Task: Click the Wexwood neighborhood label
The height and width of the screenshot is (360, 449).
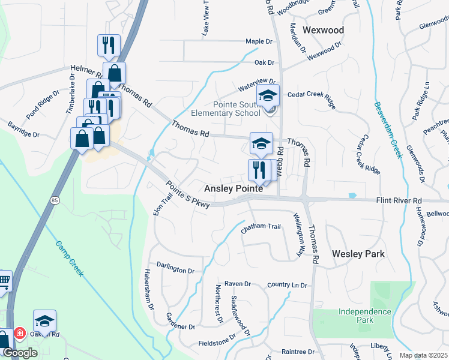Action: click(x=323, y=30)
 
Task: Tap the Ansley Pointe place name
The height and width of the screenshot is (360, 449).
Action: click(x=234, y=188)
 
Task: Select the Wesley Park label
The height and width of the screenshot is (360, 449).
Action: click(x=358, y=254)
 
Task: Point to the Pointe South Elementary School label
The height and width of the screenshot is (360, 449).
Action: click(x=225, y=107)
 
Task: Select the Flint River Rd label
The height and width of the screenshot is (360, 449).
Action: click(x=399, y=200)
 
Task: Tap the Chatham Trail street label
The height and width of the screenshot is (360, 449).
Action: click(x=261, y=227)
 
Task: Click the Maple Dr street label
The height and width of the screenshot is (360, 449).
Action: click(x=259, y=42)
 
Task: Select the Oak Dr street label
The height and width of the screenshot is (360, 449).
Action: click(x=264, y=62)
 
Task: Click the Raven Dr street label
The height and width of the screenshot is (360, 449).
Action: click(x=237, y=284)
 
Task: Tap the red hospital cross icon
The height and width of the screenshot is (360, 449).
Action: click(x=19, y=332)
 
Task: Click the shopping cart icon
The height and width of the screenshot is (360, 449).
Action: click(x=4, y=280)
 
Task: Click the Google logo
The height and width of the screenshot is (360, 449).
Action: click(x=20, y=353)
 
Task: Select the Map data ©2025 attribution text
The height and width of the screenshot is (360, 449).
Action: click(x=423, y=355)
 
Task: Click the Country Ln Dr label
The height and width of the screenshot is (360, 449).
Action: click(x=287, y=285)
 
